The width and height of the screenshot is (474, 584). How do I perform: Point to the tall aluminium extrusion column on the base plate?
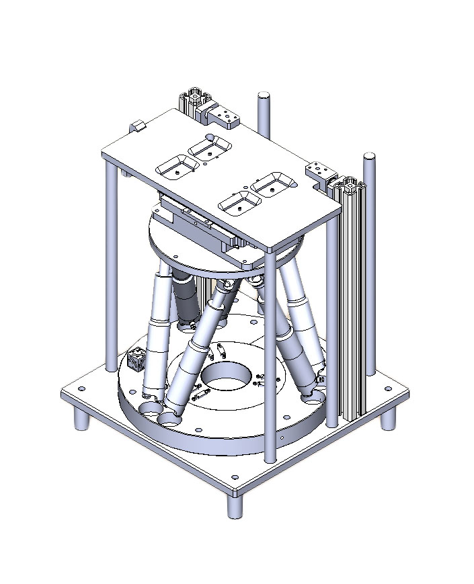[x=352, y=302]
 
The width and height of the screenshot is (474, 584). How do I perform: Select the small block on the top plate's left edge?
[x=139, y=125]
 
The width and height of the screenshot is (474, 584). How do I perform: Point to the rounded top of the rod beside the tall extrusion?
[x=368, y=159]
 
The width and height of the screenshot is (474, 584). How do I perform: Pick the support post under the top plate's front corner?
[x=270, y=356]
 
